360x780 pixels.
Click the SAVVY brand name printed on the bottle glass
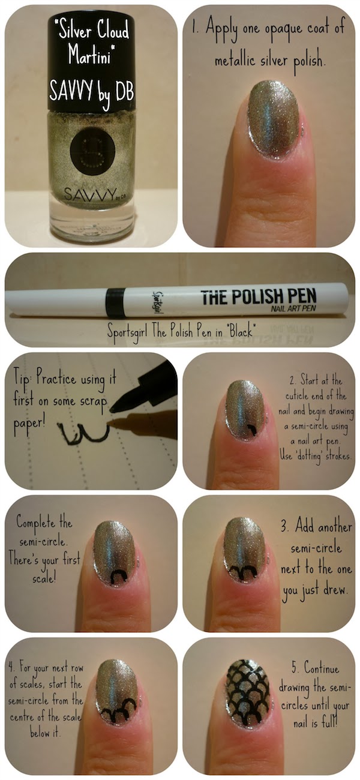point(89,194)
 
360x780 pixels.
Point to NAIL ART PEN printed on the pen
point(293,309)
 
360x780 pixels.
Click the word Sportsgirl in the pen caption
point(128,332)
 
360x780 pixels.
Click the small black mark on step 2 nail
point(252,431)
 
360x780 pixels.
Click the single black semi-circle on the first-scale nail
point(118,576)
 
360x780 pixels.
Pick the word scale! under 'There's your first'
point(44,579)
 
